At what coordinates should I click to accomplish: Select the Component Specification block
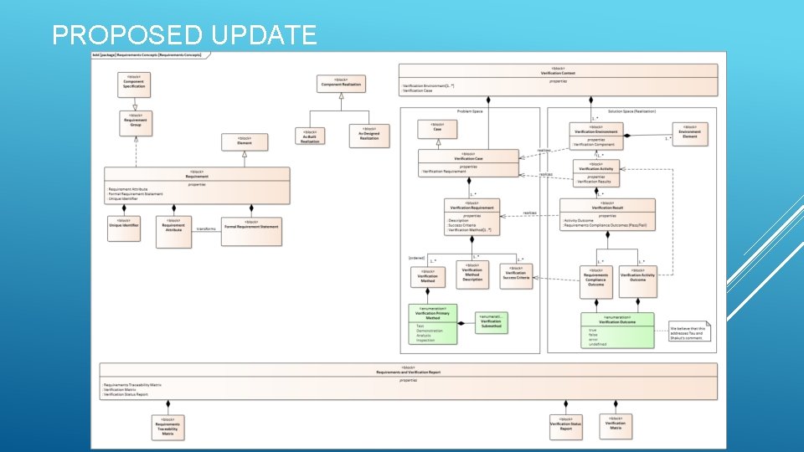tap(134, 83)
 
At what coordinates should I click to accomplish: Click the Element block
tap(244, 142)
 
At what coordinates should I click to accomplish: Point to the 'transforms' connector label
tap(206, 229)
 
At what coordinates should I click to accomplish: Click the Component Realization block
tap(342, 83)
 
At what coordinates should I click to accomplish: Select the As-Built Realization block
tap(311, 136)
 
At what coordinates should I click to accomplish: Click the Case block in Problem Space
tap(437, 128)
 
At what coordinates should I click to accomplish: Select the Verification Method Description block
tap(472, 275)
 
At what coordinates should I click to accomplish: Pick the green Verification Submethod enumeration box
tap(491, 322)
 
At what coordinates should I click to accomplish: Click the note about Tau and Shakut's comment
tap(692, 332)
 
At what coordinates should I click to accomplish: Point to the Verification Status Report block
tap(566, 428)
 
